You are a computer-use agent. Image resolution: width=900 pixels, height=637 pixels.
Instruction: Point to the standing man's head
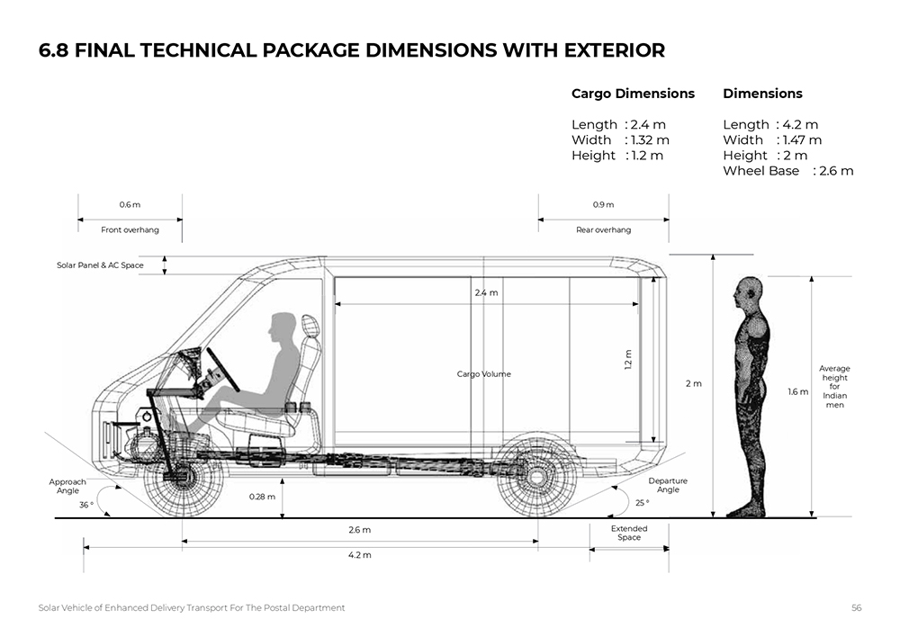coord(748,293)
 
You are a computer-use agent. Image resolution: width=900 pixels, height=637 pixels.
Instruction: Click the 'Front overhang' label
coord(130,230)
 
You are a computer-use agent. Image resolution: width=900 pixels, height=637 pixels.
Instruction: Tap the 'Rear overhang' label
coord(603,230)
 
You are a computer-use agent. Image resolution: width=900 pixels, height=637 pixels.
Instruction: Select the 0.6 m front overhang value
coord(130,205)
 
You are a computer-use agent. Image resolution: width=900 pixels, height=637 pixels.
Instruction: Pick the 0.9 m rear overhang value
coord(603,205)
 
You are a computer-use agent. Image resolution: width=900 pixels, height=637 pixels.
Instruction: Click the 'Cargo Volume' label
coord(483,374)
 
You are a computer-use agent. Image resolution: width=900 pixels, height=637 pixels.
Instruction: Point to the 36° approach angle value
coord(85,505)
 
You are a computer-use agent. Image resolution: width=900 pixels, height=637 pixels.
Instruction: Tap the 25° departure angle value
coord(642,503)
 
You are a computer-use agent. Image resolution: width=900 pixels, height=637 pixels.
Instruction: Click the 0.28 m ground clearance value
coord(262,497)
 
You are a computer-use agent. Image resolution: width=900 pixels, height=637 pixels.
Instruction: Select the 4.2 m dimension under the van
coord(359,555)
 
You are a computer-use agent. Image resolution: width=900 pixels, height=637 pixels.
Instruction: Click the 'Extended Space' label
coord(629,533)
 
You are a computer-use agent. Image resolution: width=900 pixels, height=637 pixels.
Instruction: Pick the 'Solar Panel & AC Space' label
coord(100,265)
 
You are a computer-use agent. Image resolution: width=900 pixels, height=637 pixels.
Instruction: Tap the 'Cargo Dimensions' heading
coord(633,94)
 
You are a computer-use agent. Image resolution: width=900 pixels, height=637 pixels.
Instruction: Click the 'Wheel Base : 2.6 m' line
coord(787,171)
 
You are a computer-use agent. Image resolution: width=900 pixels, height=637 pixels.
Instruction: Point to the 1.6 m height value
coord(797,392)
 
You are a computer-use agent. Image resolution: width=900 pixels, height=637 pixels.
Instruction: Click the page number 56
coord(857,608)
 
